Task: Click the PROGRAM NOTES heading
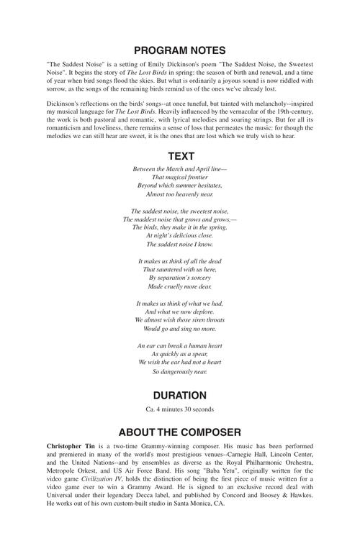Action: pos(180,50)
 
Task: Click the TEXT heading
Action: pos(180,155)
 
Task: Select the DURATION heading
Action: pos(180,395)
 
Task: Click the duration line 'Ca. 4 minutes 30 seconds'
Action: pos(180,410)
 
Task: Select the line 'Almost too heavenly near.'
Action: pos(180,194)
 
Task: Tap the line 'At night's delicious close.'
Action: pos(180,235)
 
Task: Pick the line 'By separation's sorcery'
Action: pos(180,277)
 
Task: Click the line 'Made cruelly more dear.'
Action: pos(180,286)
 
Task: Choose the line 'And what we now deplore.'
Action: pos(180,312)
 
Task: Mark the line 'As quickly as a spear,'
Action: pos(180,354)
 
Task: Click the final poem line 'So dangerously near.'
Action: pos(180,372)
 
